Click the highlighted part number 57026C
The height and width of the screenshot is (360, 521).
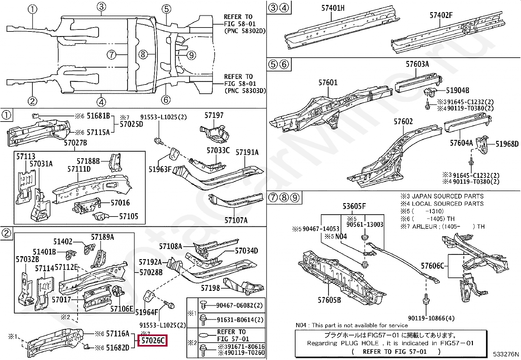click(x=153, y=341)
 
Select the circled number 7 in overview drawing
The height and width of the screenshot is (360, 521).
click(x=112, y=55)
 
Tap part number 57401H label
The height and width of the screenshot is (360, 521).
click(x=332, y=8)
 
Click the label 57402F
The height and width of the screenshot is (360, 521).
click(x=441, y=15)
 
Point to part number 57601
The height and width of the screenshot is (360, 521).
click(x=328, y=83)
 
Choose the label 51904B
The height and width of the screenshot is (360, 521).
click(x=458, y=90)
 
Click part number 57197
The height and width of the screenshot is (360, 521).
click(x=214, y=115)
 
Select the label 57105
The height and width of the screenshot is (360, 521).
click(x=129, y=216)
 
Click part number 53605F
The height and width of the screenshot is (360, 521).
click(x=354, y=206)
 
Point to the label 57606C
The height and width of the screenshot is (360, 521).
click(x=432, y=266)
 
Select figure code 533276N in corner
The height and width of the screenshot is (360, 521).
click(x=506, y=354)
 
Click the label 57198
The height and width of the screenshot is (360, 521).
click(x=210, y=288)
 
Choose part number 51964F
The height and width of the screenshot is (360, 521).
click(x=147, y=312)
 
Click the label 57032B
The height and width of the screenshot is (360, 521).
click(x=27, y=259)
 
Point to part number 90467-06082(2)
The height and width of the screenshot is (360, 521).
click(x=240, y=305)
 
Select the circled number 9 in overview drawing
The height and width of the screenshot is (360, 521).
click(x=191, y=55)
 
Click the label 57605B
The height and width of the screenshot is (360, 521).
click(x=329, y=300)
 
